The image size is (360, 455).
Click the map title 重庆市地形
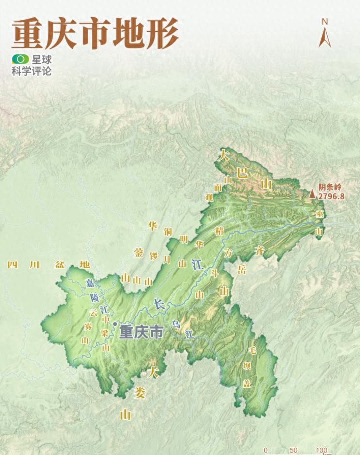(95, 34)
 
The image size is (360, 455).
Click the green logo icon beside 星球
(21, 60)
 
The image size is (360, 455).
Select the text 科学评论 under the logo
(31, 72)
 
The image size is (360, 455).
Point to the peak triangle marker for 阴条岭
(312, 194)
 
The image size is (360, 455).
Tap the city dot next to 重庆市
(115, 324)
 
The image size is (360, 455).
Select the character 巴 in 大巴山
(242, 172)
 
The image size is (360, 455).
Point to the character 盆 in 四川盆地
(60, 265)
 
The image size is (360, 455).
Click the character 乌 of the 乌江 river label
(176, 324)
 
